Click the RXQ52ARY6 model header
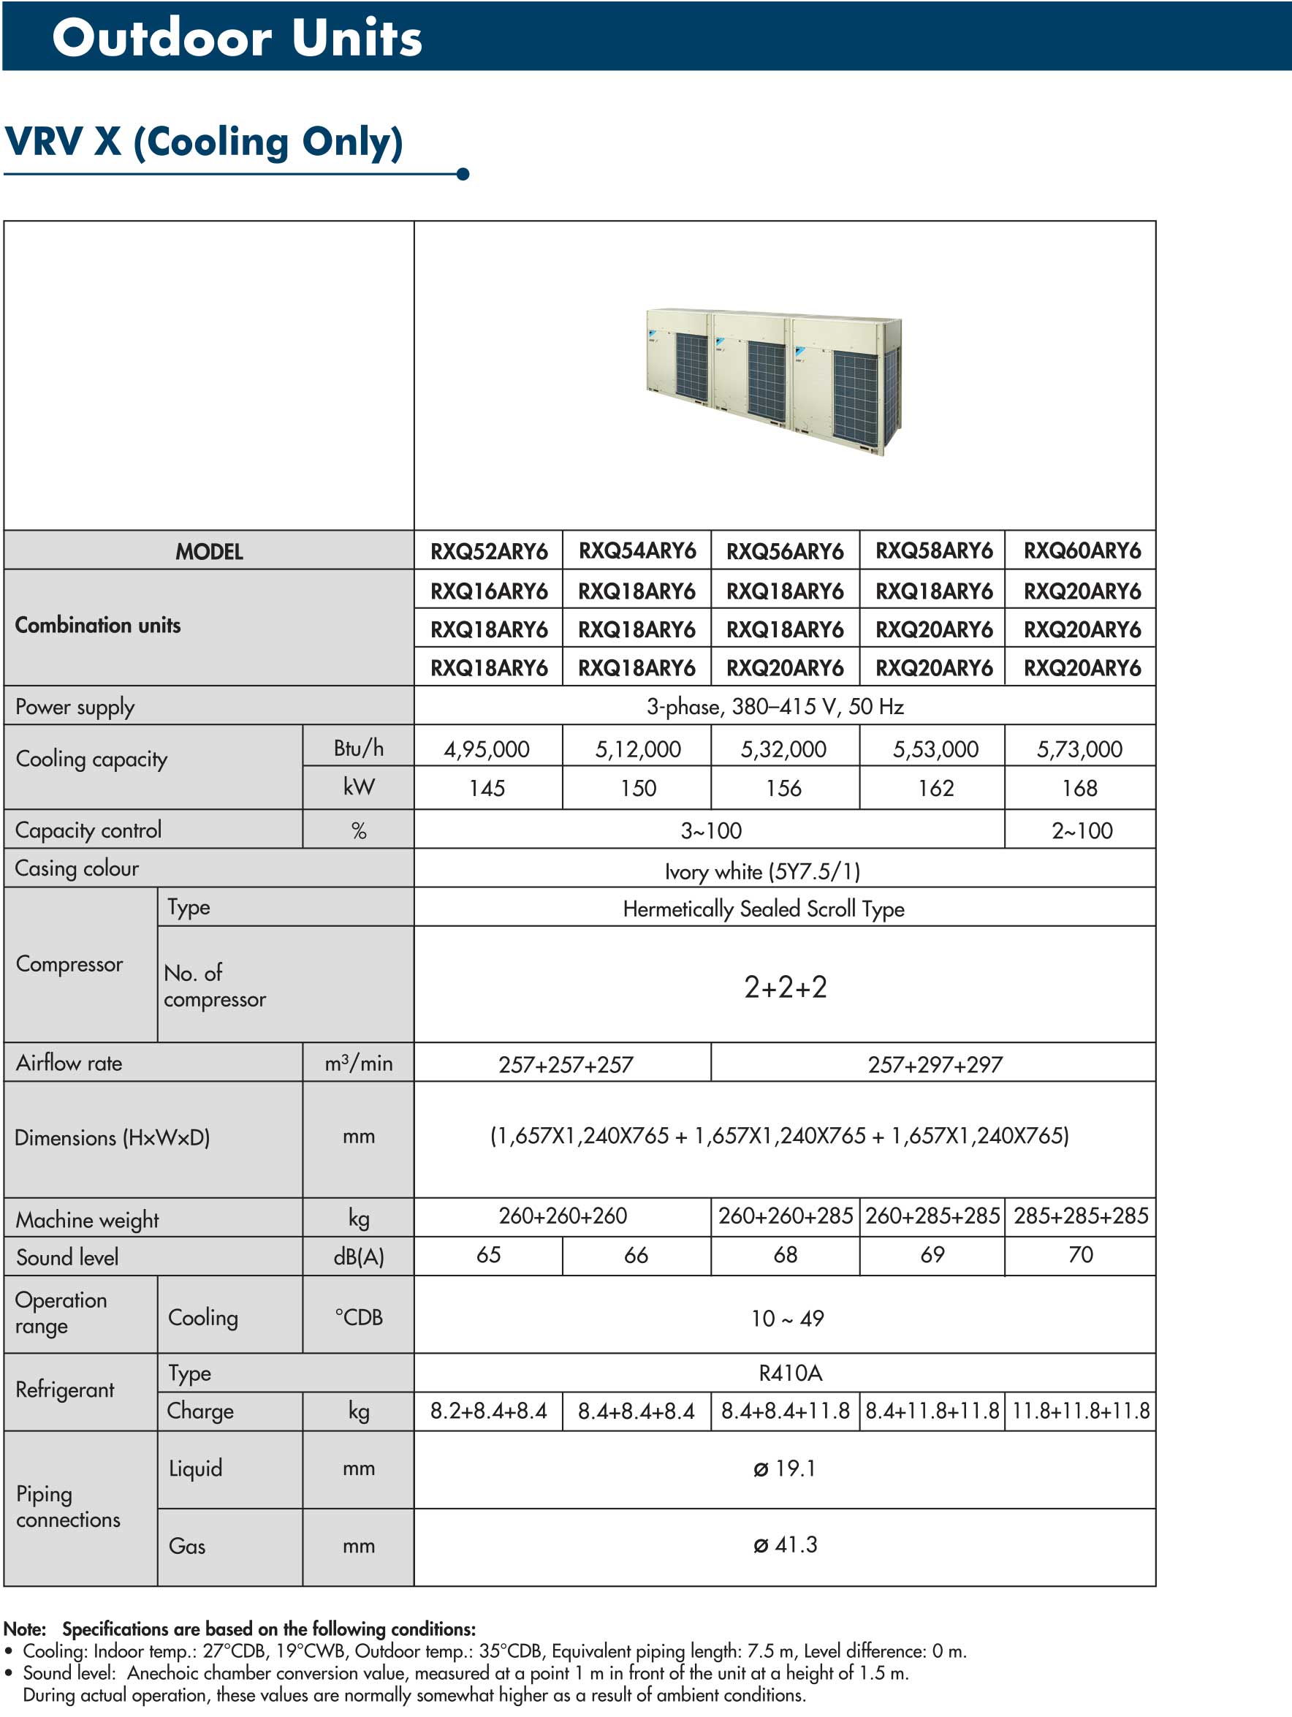point(489,551)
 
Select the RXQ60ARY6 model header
point(1082,551)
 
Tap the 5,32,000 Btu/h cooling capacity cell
point(783,749)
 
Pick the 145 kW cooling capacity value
point(487,789)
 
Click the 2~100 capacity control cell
point(1082,830)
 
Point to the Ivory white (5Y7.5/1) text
point(763,871)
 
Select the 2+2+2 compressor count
point(786,988)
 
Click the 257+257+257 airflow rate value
point(566,1064)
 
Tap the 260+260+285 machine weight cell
point(786,1216)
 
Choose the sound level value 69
point(932,1254)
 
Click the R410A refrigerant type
point(790,1373)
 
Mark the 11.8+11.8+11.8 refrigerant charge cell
point(1080,1411)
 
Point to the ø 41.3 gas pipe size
point(786,1544)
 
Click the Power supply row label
point(75,706)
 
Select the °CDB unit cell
point(359,1316)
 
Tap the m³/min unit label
point(359,1063)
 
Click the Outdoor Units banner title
point(237,37)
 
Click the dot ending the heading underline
point(463,174)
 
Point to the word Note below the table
point(25,1629)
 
